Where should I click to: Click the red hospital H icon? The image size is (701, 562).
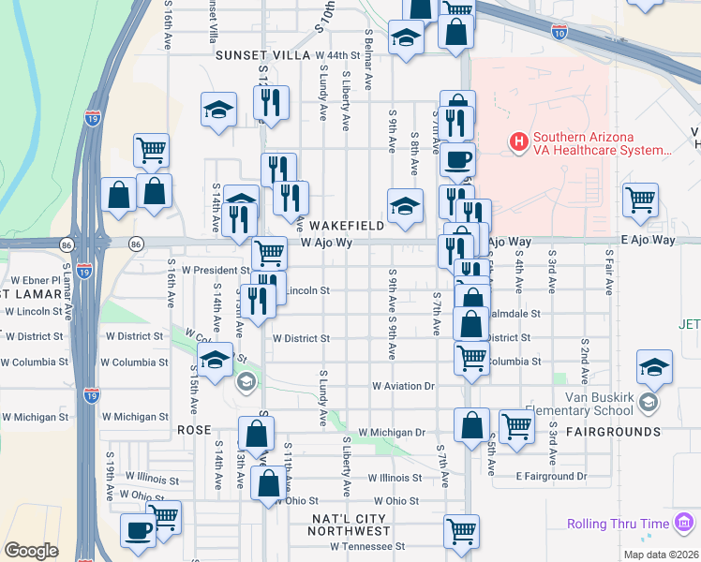pos(516,143)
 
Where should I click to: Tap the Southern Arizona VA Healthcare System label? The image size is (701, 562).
pos(600,143)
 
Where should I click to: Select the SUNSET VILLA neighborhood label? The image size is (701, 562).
pos(262,55)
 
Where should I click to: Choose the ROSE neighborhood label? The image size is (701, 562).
pos(193,429)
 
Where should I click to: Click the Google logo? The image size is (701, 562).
pos(31,551)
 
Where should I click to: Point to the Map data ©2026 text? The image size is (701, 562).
pos(662,555)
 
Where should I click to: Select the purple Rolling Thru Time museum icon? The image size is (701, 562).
pos(683,522)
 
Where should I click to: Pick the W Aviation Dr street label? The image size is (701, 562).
pos(404,385)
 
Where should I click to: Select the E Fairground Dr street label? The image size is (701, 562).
pos(551,476)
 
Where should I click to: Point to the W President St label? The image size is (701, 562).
pos(216,270)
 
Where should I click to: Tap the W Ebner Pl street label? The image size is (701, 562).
pos(35,280)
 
